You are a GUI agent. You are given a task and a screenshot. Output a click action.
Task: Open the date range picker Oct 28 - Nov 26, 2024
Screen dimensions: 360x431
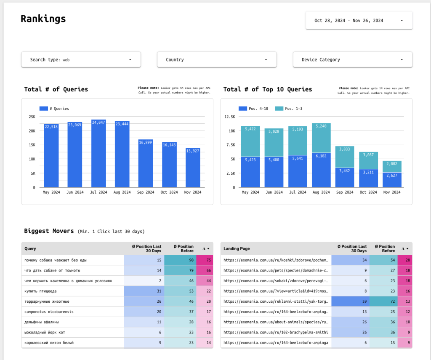[359, 20]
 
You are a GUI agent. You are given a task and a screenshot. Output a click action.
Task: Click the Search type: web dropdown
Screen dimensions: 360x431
[81, 60]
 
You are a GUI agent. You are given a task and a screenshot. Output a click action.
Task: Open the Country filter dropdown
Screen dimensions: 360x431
[217, 60]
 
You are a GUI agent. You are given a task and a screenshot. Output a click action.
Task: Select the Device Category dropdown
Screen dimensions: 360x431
[352, 60]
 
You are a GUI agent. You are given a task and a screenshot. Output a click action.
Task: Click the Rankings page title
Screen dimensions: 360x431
[43, 19]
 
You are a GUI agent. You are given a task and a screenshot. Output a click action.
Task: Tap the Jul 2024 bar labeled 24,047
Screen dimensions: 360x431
[98, 154]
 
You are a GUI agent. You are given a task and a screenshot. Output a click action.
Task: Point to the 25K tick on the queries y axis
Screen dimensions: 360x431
[32, 117]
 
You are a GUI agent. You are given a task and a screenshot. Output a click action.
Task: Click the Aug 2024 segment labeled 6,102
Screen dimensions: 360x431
[322, 170]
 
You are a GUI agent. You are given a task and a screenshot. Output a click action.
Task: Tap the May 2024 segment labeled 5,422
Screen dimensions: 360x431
[250, 141]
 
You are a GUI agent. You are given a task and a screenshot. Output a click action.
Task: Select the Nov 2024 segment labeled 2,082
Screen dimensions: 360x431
[392, 166]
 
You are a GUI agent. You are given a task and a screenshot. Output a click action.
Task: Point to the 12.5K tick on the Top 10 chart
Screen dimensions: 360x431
[229, 117]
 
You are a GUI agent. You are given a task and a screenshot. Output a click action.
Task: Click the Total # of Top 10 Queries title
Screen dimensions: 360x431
[268, 89]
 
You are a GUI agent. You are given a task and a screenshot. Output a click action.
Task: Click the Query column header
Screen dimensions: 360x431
[30, 249]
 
